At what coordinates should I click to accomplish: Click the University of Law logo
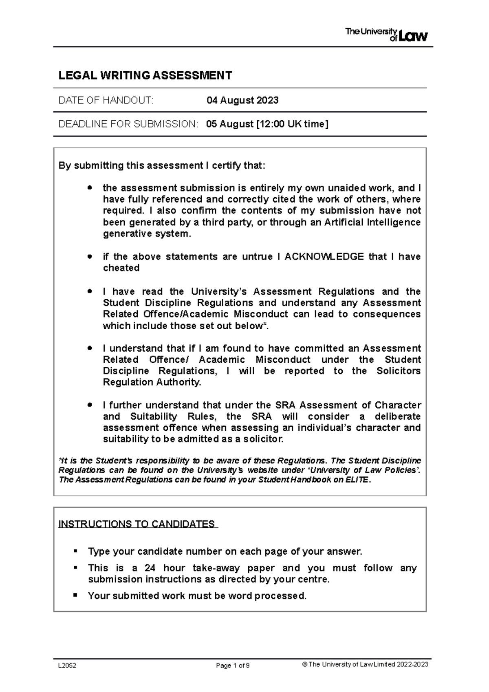click(x=386, y=35)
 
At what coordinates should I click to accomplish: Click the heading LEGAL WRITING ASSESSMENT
click(x=145, y=75)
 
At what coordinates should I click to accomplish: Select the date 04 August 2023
click(x=242, y=100)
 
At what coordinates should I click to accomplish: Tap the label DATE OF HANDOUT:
click(x=106, y=100)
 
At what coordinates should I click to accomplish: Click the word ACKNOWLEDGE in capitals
click(x=324, y=257)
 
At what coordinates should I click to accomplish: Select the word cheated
click(x=121, y=268)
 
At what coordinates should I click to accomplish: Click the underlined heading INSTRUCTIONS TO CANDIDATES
click(x=137, y=524)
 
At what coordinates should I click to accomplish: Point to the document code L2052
click(x=67, y=666)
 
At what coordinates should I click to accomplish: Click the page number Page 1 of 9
click(x=233, y=666)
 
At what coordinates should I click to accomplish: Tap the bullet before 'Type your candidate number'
click(x=75, y=551)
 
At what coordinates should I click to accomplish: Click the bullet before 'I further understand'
click(x=90, y=405)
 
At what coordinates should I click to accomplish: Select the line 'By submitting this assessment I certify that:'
click(x=162, y=165)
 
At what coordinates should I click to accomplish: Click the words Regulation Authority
click(x=152, y=382)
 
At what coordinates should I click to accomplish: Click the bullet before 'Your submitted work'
click(x=75, y=595)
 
